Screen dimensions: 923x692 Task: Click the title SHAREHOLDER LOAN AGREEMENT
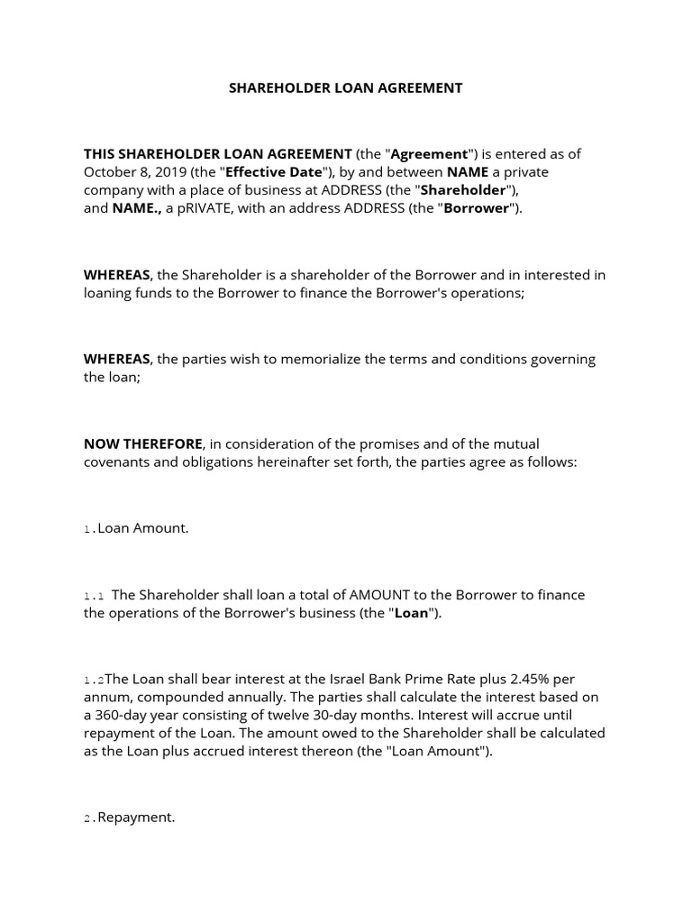pos(345,88)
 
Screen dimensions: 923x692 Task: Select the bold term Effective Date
pos(273,172)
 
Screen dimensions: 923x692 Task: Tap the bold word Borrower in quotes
pos(478,208)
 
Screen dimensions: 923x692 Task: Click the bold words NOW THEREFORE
pos(143,443)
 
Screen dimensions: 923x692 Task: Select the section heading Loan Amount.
pos(142,528)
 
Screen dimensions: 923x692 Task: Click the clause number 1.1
pos(95,596)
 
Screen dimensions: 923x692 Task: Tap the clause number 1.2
pos(95,681)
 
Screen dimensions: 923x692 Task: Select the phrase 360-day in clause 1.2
pos(123,716)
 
